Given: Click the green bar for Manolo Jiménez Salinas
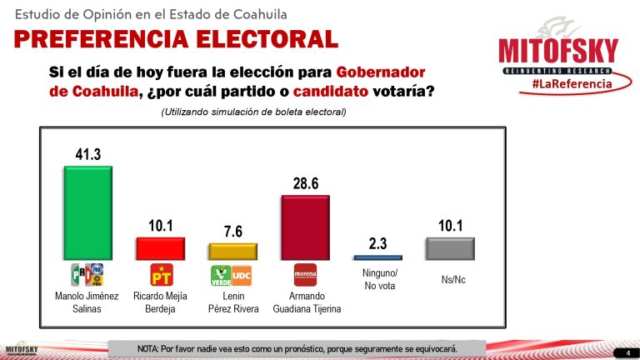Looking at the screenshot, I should [88, 212].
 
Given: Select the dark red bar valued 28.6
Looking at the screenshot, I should [305, 227].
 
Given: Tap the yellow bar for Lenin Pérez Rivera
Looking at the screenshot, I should [232, 251].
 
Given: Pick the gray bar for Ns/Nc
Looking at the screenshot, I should [450, 248].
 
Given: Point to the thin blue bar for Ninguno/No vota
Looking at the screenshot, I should [377, 257].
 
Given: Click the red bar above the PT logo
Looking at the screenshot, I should [160, 248].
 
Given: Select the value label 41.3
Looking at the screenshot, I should [88, 154].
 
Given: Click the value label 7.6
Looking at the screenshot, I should [232, 231].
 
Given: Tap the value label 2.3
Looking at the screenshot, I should [377, 243].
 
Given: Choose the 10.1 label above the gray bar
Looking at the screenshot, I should [450, 225].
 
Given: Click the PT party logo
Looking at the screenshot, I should [161, 275].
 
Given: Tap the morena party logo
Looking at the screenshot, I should [305, 275].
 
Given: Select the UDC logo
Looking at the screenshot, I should [242, 275].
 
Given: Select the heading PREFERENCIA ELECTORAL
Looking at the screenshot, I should [176, 38].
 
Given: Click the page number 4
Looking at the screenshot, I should [627, 353].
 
